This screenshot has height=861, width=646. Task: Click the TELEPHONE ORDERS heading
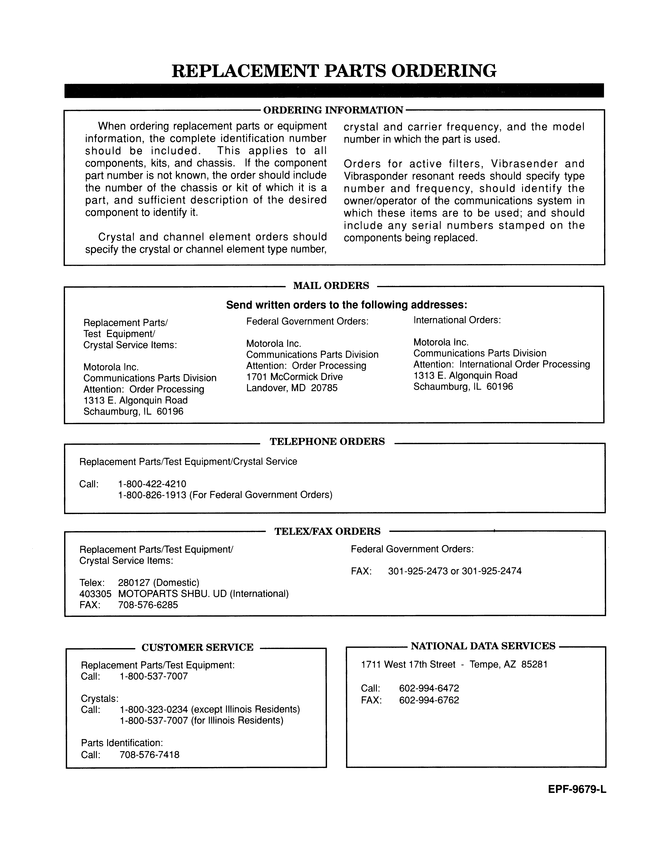(x=327, y=441)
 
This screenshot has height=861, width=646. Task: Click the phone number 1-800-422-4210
(x=152, y=484)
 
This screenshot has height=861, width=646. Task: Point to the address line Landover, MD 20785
(x=292, y=388)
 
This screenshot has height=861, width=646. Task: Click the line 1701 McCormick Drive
(x=294, y=377)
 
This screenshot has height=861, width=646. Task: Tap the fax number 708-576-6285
(x=148, y=605)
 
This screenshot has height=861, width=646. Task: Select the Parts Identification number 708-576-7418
(x=150, y=755)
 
